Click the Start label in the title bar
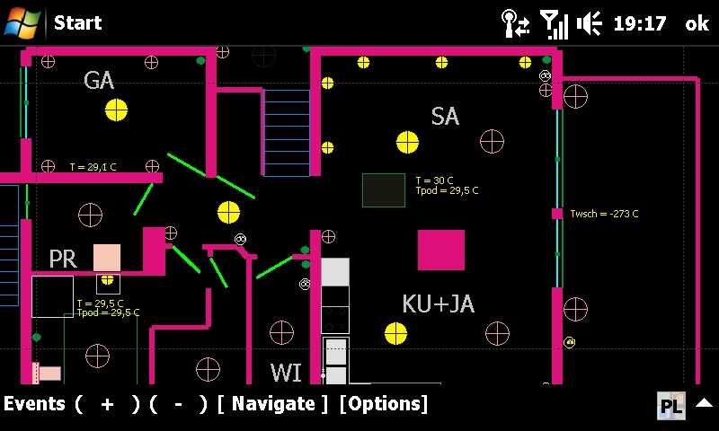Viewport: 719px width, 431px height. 77,22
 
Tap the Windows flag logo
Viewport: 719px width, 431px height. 22,23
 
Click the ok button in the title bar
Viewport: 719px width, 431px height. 697,23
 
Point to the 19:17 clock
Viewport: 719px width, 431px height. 640,23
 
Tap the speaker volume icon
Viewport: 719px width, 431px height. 590,23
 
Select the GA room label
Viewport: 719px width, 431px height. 99,81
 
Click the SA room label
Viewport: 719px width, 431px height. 445,117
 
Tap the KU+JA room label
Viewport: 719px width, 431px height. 438,303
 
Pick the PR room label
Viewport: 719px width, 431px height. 63,259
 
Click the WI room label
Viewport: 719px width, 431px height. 286,373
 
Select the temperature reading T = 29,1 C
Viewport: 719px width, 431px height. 93,167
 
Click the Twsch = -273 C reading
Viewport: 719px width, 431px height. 604,214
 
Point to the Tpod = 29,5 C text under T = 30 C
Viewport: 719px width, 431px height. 447,190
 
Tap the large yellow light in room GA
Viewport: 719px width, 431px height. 117,110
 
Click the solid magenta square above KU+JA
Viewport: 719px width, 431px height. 441,251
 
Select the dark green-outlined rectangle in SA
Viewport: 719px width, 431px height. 384,190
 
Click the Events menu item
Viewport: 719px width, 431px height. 34,404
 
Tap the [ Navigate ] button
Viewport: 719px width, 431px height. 273,404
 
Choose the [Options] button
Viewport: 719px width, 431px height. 384,404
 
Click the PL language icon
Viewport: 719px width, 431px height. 671,405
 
